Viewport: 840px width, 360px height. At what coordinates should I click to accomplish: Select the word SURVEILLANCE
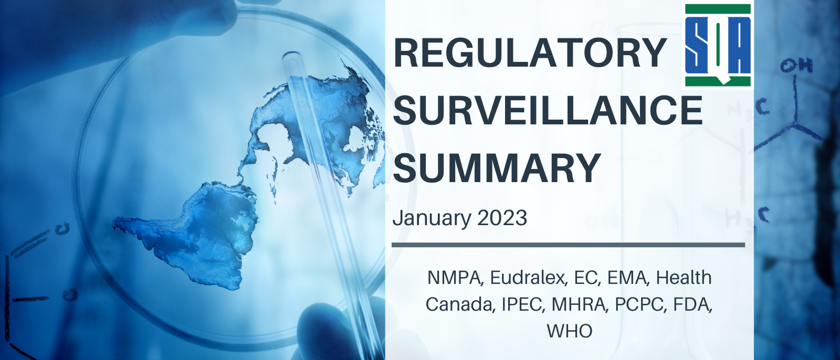[548, 110]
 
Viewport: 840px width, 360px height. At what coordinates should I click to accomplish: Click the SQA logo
[718, 45]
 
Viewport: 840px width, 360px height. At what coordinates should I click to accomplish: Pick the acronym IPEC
[523, 304]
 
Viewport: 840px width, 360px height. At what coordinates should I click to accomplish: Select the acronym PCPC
[641, 304]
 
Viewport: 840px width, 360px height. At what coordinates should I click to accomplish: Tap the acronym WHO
[569, 331]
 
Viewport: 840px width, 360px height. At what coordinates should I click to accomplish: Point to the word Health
[684, 278]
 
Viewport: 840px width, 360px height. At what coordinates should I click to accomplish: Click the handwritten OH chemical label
[796, 66]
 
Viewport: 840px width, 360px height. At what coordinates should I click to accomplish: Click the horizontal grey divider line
[569, 245]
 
